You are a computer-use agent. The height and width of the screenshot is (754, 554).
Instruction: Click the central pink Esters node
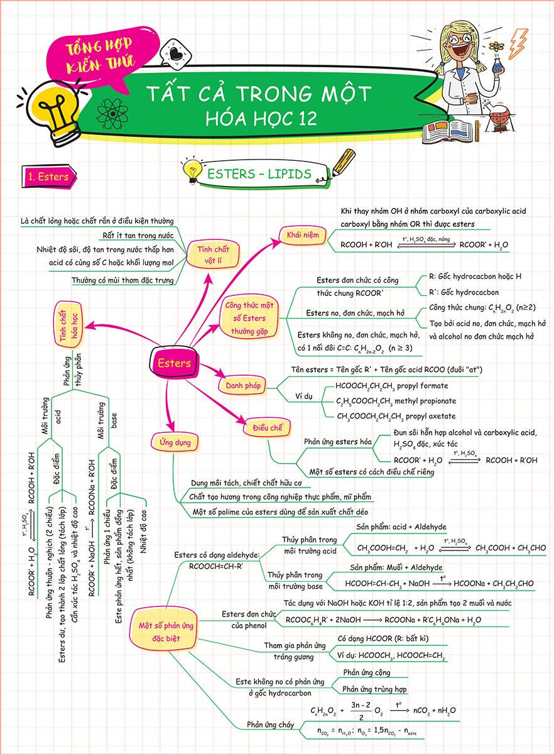174,363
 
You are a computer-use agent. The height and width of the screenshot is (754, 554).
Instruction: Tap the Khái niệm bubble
303,234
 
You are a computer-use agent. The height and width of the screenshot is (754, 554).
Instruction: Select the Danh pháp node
241,385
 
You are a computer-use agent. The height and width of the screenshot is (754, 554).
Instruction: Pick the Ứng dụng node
171,442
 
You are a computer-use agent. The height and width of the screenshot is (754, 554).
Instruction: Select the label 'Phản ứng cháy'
270,724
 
